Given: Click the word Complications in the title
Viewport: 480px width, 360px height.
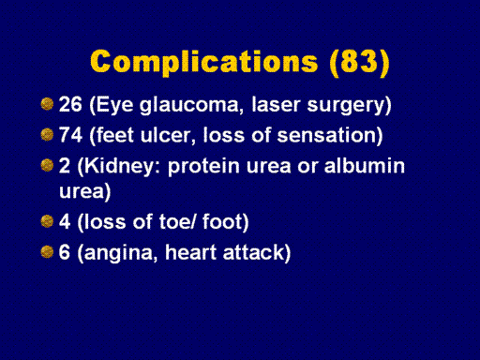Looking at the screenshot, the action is pos(204,63).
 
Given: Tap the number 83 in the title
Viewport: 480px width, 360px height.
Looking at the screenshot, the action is pos(360,61).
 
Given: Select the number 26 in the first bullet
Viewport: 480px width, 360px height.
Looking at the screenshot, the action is pos(70,104).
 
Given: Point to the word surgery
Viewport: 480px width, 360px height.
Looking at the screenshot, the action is pos(346,106).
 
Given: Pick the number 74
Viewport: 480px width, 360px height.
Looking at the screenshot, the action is pos(70,135).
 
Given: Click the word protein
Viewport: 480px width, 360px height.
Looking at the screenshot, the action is pos(204,167).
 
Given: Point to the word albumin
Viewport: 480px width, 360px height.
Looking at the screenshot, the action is pos(365,166).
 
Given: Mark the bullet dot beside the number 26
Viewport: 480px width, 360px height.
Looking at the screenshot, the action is pos(47,104).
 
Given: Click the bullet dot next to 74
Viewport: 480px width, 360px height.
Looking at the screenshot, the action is pos(47,135).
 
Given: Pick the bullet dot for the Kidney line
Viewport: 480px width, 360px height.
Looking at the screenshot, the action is pos(47,165).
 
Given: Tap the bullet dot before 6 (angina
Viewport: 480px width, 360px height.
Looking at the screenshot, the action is pos(47,252).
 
